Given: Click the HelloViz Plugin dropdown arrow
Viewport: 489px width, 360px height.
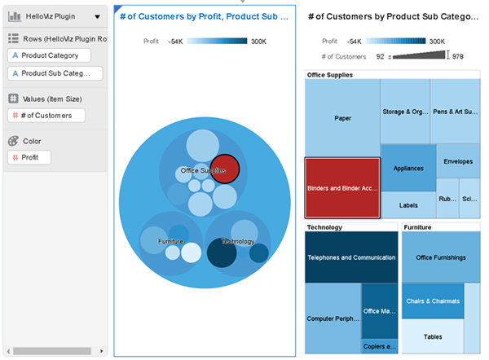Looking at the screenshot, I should (x=98, y=16).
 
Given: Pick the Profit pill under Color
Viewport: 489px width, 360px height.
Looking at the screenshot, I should (x=29, y=157).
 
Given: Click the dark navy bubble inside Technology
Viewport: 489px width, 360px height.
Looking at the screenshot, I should (x=221, y=252).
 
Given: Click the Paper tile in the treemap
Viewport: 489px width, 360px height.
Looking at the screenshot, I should (x=342, y=118).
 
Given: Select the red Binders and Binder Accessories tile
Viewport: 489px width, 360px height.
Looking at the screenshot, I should (x=342, y=188).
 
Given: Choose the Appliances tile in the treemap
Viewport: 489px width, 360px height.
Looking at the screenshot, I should (x=408, y=168).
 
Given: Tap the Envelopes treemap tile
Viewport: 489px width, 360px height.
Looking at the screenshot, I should (x=457, y=160).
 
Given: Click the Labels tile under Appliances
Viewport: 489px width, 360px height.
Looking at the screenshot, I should (x=408, y=205).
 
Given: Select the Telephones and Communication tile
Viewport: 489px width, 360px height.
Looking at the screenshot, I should (x=351, y=257).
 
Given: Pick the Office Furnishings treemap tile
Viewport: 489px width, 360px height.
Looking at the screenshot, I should (x=440, y=257).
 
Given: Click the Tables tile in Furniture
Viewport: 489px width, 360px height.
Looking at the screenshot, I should (x=432, y=336).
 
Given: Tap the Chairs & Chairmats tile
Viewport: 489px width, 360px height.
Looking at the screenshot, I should (x=432, y=301).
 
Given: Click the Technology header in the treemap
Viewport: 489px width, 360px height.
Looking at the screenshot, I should (x=324, y=227).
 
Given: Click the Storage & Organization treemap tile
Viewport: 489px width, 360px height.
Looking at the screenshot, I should (x=405, y=112).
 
